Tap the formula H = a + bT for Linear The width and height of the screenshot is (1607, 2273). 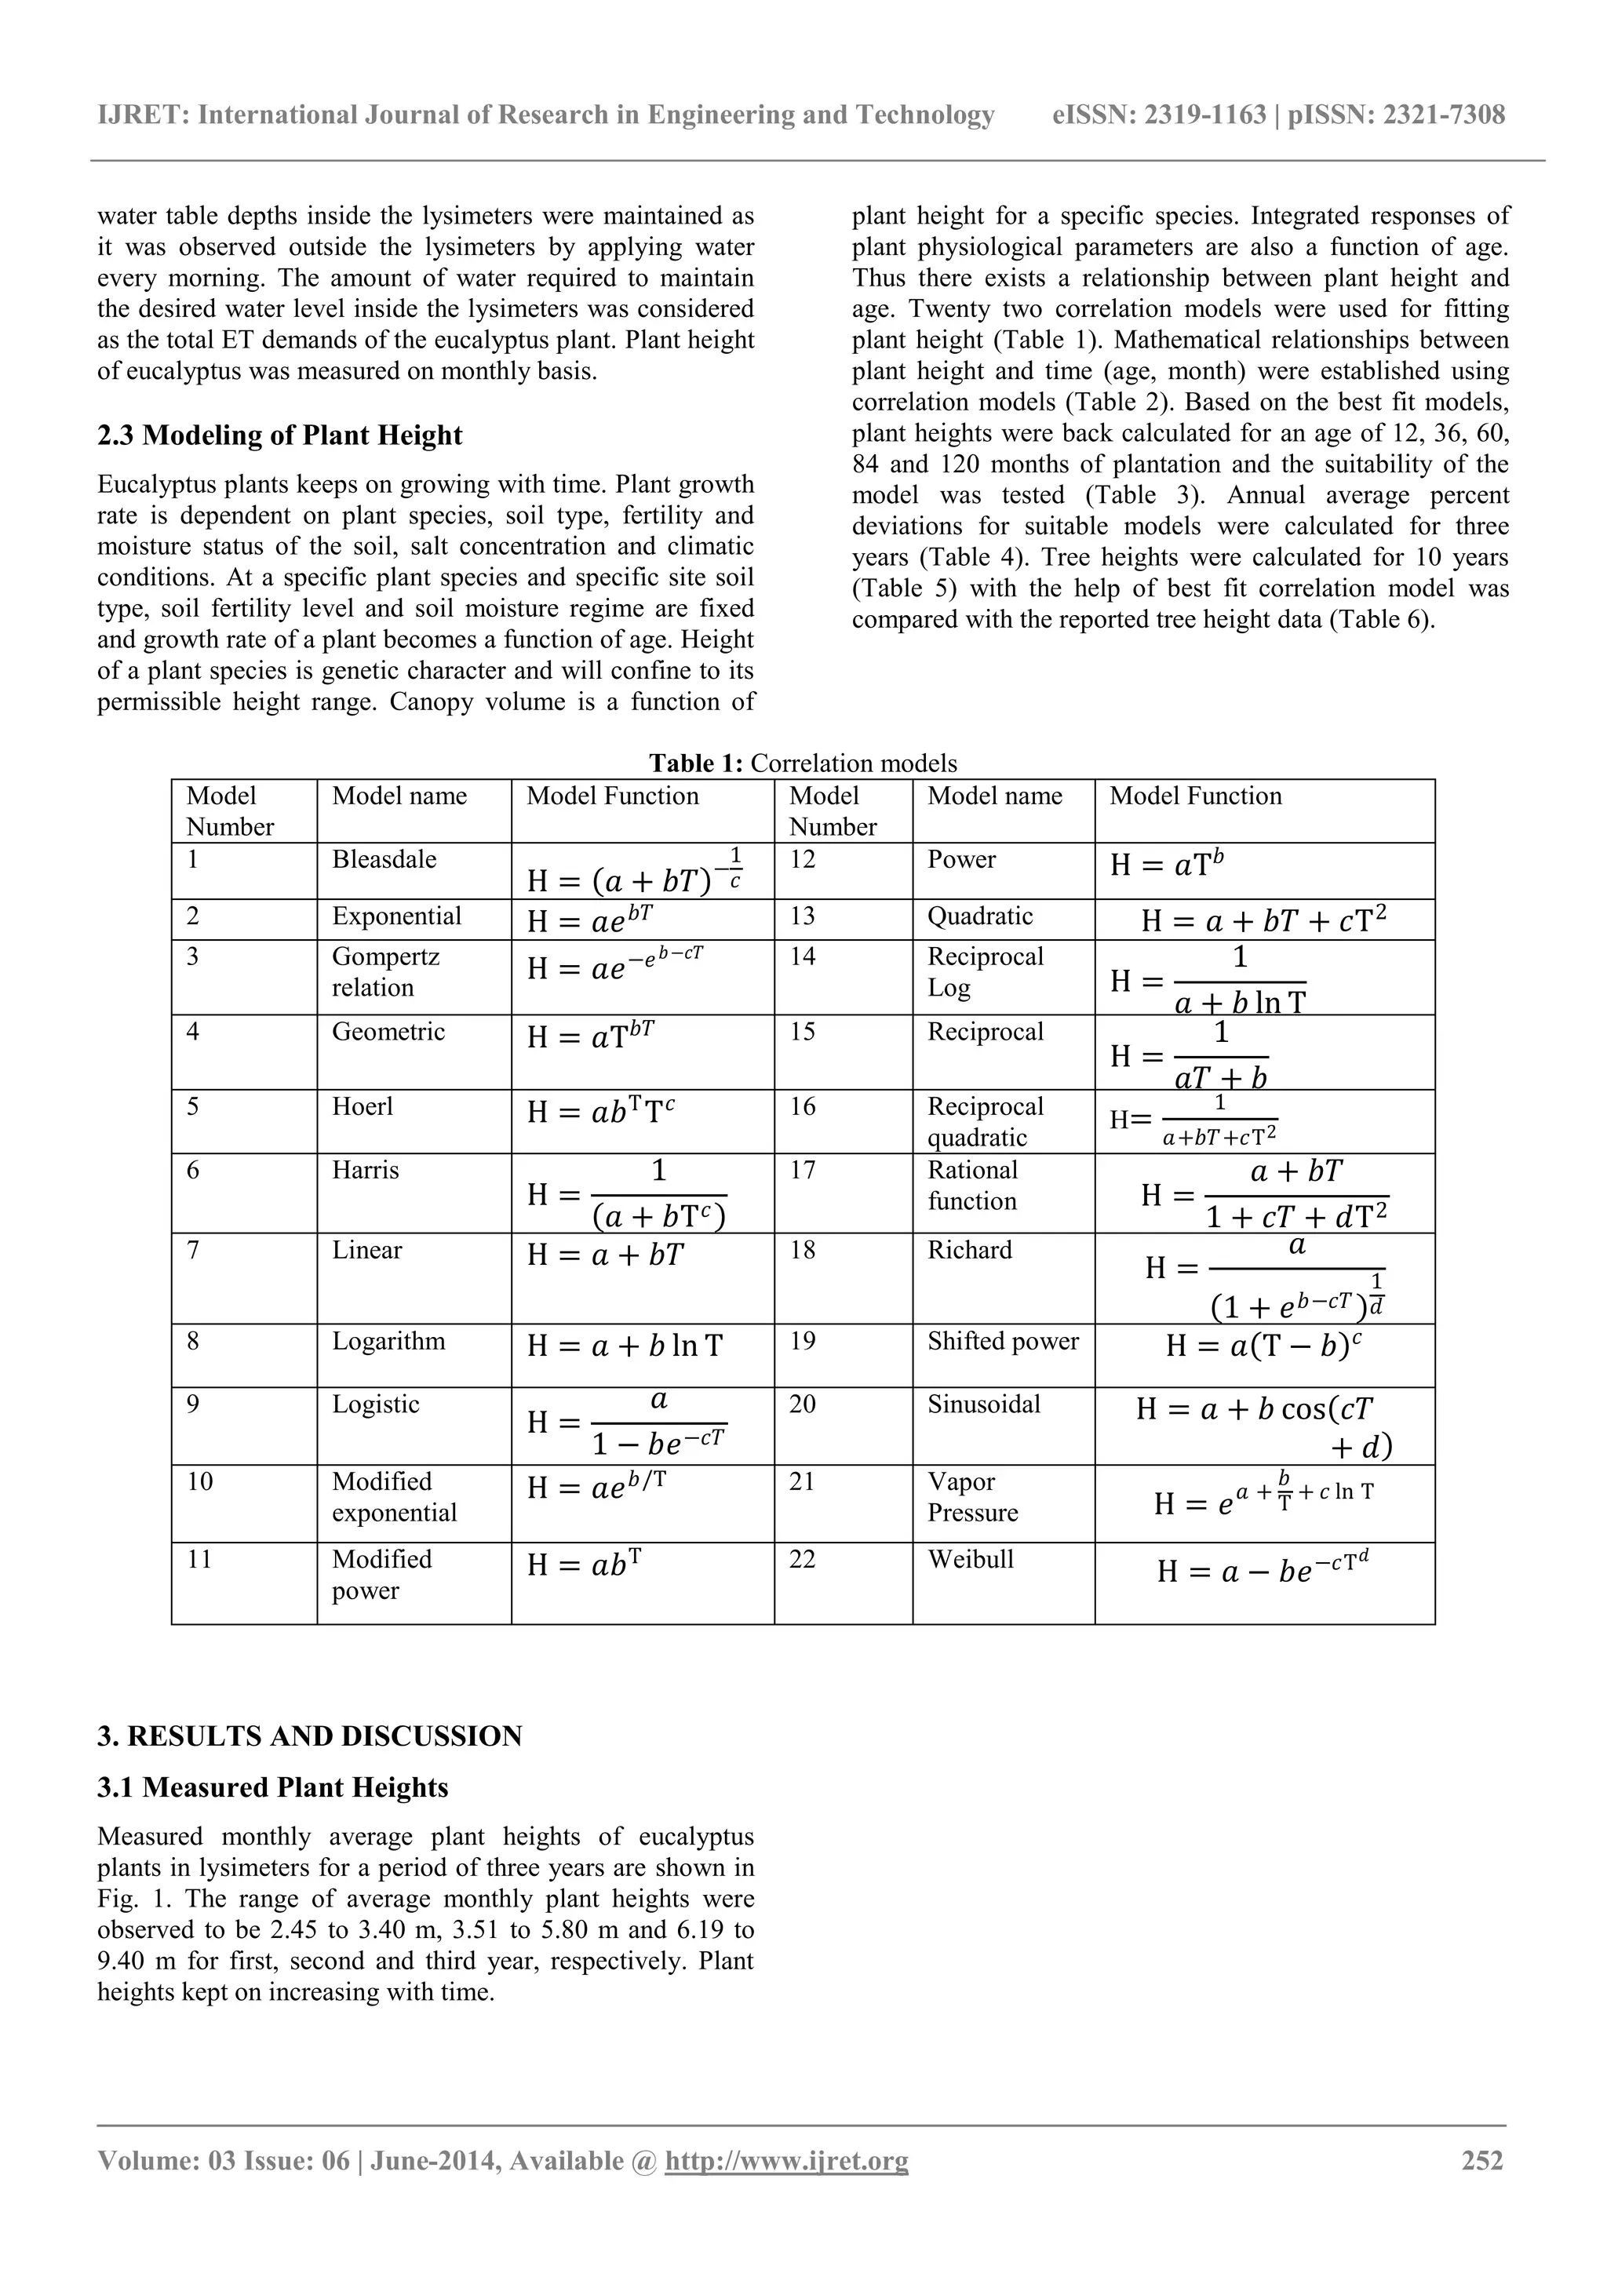pos(605,1255)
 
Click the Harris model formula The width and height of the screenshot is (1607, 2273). pos(627,1195)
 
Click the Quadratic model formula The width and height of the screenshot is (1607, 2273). pos(1263,920)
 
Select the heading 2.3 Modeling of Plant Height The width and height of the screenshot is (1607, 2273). pos(279,435)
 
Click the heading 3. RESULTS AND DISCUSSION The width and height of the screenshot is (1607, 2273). pos(309,1736)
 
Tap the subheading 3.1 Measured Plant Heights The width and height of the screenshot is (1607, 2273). pos(272,1788)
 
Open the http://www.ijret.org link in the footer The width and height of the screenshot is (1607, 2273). pos(786,2161)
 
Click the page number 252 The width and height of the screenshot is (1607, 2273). pos(1482,2161)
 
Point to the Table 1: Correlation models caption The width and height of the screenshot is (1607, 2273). pos(803,763)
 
